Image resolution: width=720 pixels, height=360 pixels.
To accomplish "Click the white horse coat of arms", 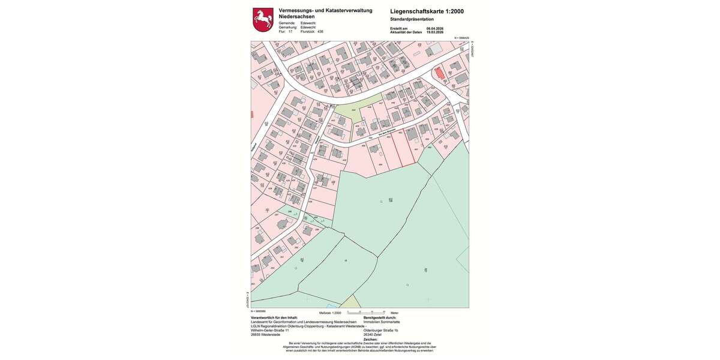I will click(263, 20).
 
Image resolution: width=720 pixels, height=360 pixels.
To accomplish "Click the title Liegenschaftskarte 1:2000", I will click(427, 11).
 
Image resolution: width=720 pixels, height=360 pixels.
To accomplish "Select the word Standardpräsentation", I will click(412, 19).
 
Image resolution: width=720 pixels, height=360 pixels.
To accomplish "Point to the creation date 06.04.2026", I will click(434, 28).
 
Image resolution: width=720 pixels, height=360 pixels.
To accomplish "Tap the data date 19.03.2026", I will click(434, 32).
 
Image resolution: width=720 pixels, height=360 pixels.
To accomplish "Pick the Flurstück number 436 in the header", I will click(320, 31).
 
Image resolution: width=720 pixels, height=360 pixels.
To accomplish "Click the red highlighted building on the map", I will click(440, 74).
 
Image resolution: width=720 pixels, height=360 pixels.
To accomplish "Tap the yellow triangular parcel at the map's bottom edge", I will click(352, 301).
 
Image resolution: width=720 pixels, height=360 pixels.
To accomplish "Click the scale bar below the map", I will click(366, 312).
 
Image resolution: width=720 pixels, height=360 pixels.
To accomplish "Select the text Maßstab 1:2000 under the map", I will click(330, 313).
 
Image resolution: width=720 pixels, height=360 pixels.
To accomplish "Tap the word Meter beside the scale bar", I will click(394, 313).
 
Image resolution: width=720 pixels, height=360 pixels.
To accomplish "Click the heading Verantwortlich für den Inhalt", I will click(274, 317).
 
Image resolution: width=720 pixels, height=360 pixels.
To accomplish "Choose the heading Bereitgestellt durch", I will click(384, 317).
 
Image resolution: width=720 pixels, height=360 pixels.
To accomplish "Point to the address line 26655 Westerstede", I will click(265, 334).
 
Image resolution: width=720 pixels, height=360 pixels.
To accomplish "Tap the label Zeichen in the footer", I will click(370, 339).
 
